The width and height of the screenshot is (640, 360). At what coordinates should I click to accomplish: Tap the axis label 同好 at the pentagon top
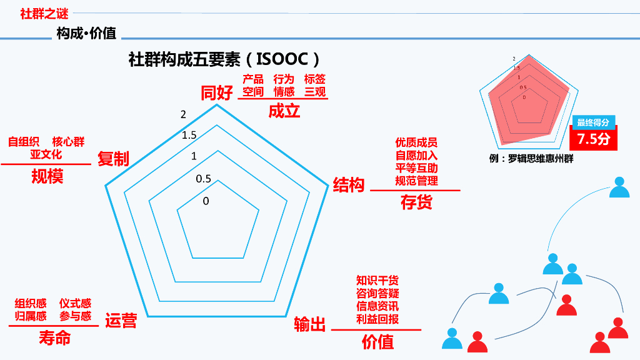pos(216,93)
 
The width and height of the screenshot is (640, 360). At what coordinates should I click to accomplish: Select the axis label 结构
pos(348,185)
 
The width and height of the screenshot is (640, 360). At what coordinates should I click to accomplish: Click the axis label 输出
pos(310,324)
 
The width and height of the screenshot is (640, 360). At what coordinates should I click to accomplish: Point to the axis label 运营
pos(121,320)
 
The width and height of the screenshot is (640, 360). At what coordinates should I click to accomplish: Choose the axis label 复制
pos(113,159)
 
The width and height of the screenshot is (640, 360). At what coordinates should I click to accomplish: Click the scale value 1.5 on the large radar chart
pos(189,135)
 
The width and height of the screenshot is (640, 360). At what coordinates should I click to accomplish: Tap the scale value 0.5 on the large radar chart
pos(203,179)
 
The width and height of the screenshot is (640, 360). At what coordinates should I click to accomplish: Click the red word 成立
pos(284,111)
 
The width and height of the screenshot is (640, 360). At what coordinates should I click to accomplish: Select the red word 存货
pos(416,202)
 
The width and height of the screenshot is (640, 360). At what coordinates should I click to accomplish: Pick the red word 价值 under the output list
pos(377,342)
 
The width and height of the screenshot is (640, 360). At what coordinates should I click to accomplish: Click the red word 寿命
pos(55,338)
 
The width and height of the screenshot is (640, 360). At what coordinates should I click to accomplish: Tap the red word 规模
pos(47,177)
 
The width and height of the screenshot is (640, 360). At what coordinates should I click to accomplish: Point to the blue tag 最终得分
pos(592,122)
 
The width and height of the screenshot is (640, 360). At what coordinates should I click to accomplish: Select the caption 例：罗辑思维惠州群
pos(531,159)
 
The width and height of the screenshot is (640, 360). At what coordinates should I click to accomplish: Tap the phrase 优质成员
pos(416,143)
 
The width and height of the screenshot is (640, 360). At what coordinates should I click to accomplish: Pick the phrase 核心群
pos(68,142)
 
